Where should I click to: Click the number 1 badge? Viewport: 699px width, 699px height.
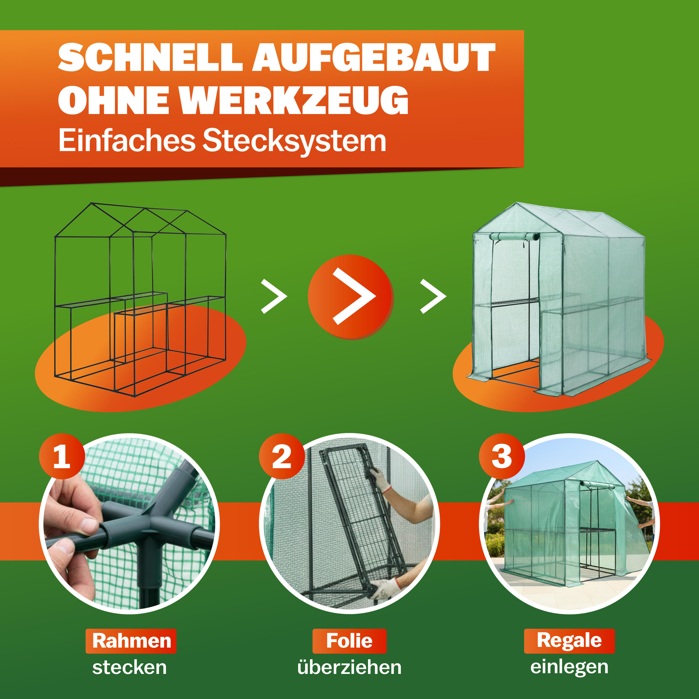click(62, 457)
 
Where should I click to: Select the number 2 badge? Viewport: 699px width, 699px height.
click(282, 457)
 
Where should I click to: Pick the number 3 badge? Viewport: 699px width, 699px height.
click(502, 457)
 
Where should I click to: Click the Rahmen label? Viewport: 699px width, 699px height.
click(131, 641)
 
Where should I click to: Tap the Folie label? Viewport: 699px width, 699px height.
click(349, 641)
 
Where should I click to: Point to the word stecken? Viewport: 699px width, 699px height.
click(130, 668)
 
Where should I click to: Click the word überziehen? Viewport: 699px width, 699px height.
click(349, 668)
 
